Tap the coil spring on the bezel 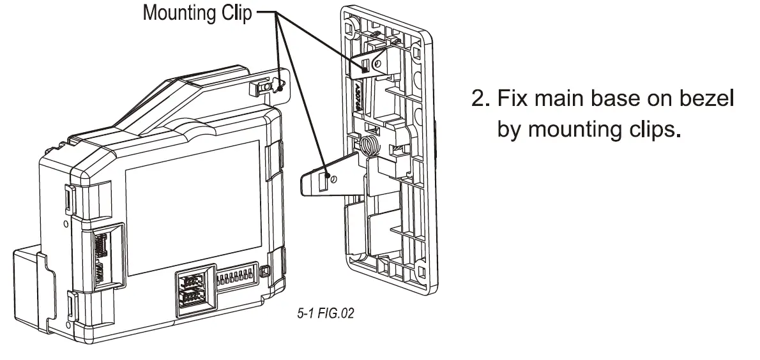(x=370, y=146)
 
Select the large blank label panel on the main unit (x=192, y=211)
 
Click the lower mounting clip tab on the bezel (x=326, y=177)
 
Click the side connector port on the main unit (x=102, y=255)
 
